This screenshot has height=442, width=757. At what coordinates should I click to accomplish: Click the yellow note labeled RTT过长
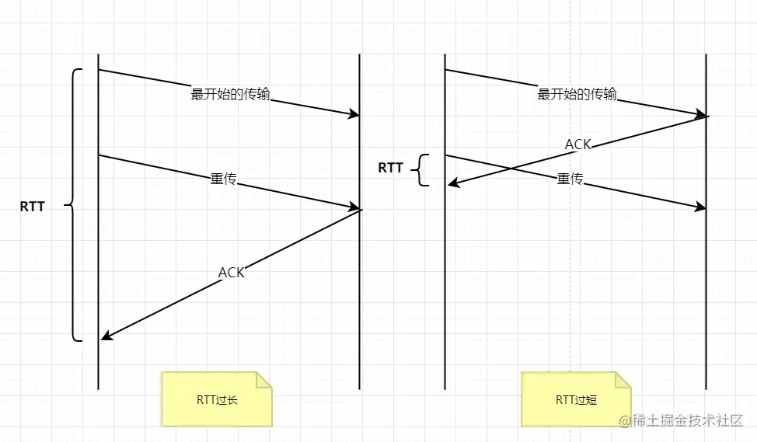pos(217,398)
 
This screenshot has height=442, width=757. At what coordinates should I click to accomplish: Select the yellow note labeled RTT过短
pos(576,399)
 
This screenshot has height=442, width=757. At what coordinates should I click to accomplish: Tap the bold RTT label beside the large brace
pos(33,207)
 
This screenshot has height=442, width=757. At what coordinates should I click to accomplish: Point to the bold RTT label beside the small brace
pos(390,167)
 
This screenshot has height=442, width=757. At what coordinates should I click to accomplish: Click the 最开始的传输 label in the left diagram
pos(231,94)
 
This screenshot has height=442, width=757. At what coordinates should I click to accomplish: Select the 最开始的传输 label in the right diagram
pos(577,94)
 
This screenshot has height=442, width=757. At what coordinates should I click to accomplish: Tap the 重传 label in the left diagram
pos(223,179)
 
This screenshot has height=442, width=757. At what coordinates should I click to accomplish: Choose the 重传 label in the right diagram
pos(570,179)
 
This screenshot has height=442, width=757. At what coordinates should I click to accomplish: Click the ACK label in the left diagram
pos(232,272)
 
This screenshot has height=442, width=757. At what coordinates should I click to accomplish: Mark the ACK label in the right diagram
pos(578,144)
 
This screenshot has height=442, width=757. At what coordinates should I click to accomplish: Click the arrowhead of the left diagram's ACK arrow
pos(106,336)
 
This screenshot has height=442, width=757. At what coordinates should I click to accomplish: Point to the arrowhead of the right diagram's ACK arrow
pos(452,183)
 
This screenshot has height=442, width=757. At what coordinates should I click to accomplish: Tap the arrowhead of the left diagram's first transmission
pos(354,115)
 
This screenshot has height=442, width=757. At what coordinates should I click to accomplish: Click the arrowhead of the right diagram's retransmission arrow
pos(702,207)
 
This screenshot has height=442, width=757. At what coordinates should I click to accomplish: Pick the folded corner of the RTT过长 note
pos(264,380)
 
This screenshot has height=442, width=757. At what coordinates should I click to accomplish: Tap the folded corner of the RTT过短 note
pos(623,380)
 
